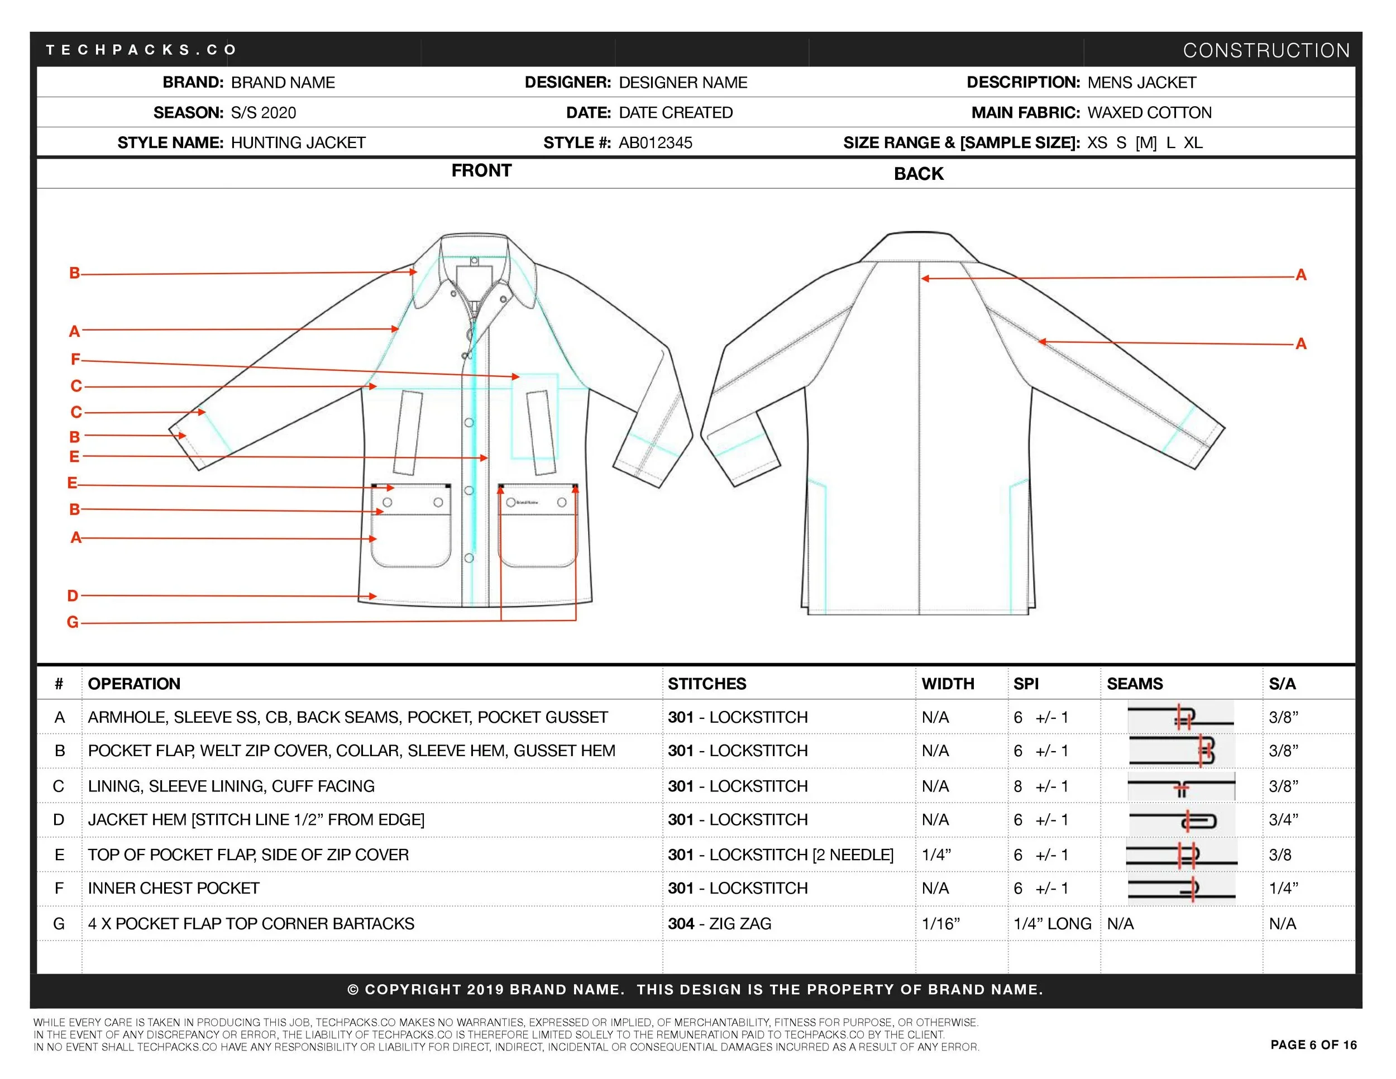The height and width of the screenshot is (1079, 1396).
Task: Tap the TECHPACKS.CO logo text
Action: (x=141, y=50)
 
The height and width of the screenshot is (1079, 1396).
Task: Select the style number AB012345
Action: (x=655, y=142)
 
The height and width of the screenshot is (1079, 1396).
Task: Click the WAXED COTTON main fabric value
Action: (x=1149, y=112)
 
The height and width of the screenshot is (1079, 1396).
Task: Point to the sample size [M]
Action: (x=1145, y=142)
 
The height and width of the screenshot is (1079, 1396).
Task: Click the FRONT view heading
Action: (x=481, y=171)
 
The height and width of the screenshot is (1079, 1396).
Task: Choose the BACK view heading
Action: (x=918, y=174)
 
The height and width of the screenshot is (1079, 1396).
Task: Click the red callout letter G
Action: (x=73, y=622)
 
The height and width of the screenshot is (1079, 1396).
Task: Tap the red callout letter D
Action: (x=73, y=596)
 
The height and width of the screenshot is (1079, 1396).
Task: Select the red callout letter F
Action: (x=75, y=359)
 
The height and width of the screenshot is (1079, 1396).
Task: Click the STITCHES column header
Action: (x=706, y=684)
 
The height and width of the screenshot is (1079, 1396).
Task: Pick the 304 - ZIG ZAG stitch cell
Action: (x=719, y=924)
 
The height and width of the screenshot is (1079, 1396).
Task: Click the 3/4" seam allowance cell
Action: (x=1284, y=819)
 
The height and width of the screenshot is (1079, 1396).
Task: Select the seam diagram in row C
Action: (x=1180, y=787)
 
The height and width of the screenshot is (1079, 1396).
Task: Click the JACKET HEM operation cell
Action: (x=256, y=819)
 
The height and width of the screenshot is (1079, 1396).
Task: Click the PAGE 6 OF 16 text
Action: (x=1313, y=1044)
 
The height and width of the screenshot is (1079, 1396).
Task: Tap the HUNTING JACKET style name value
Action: (x=298, y=142)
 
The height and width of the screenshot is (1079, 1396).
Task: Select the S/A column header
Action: (x=1282, y=684)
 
